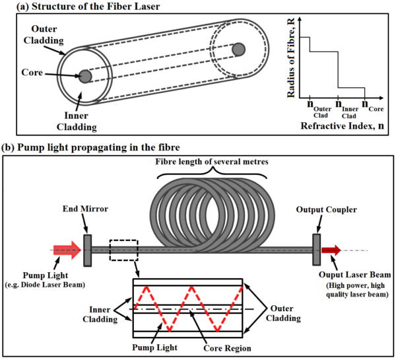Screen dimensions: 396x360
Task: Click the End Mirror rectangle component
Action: [x=87, y=250]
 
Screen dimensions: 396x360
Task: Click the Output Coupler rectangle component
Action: [x=316, y=250]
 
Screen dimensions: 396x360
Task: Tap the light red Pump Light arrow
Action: [x=67, y=250]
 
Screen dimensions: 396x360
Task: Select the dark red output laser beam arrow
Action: [x=331, y=250]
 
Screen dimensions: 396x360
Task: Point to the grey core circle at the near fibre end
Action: [x=85, y=76]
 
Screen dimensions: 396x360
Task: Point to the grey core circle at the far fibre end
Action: [x=238, y=50]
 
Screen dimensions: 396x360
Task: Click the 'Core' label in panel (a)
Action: [x=32, y=72]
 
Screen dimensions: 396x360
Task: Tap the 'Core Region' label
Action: [x=227, y=348]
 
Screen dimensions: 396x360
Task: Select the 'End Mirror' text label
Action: [x=85, y=209]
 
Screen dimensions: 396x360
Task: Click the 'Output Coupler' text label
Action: [x=326, y=209]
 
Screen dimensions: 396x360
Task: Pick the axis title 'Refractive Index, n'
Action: [x=342, y=126]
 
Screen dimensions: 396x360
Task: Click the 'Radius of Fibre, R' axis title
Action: [x=291, y=58]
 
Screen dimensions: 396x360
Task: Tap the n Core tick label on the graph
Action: [x=372, y=106]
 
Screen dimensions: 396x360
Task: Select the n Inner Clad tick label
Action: [x=346, y=109]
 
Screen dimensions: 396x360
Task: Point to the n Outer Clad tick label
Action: [x=319, y=109]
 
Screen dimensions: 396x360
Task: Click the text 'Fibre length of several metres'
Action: [x=212, y=161]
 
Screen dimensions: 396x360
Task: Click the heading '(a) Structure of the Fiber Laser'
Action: [x=88, y=7]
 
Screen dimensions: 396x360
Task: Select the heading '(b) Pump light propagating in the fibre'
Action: [x=90, y=147]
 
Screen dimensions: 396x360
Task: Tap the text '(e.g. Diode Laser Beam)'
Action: [x=45, y=285]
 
